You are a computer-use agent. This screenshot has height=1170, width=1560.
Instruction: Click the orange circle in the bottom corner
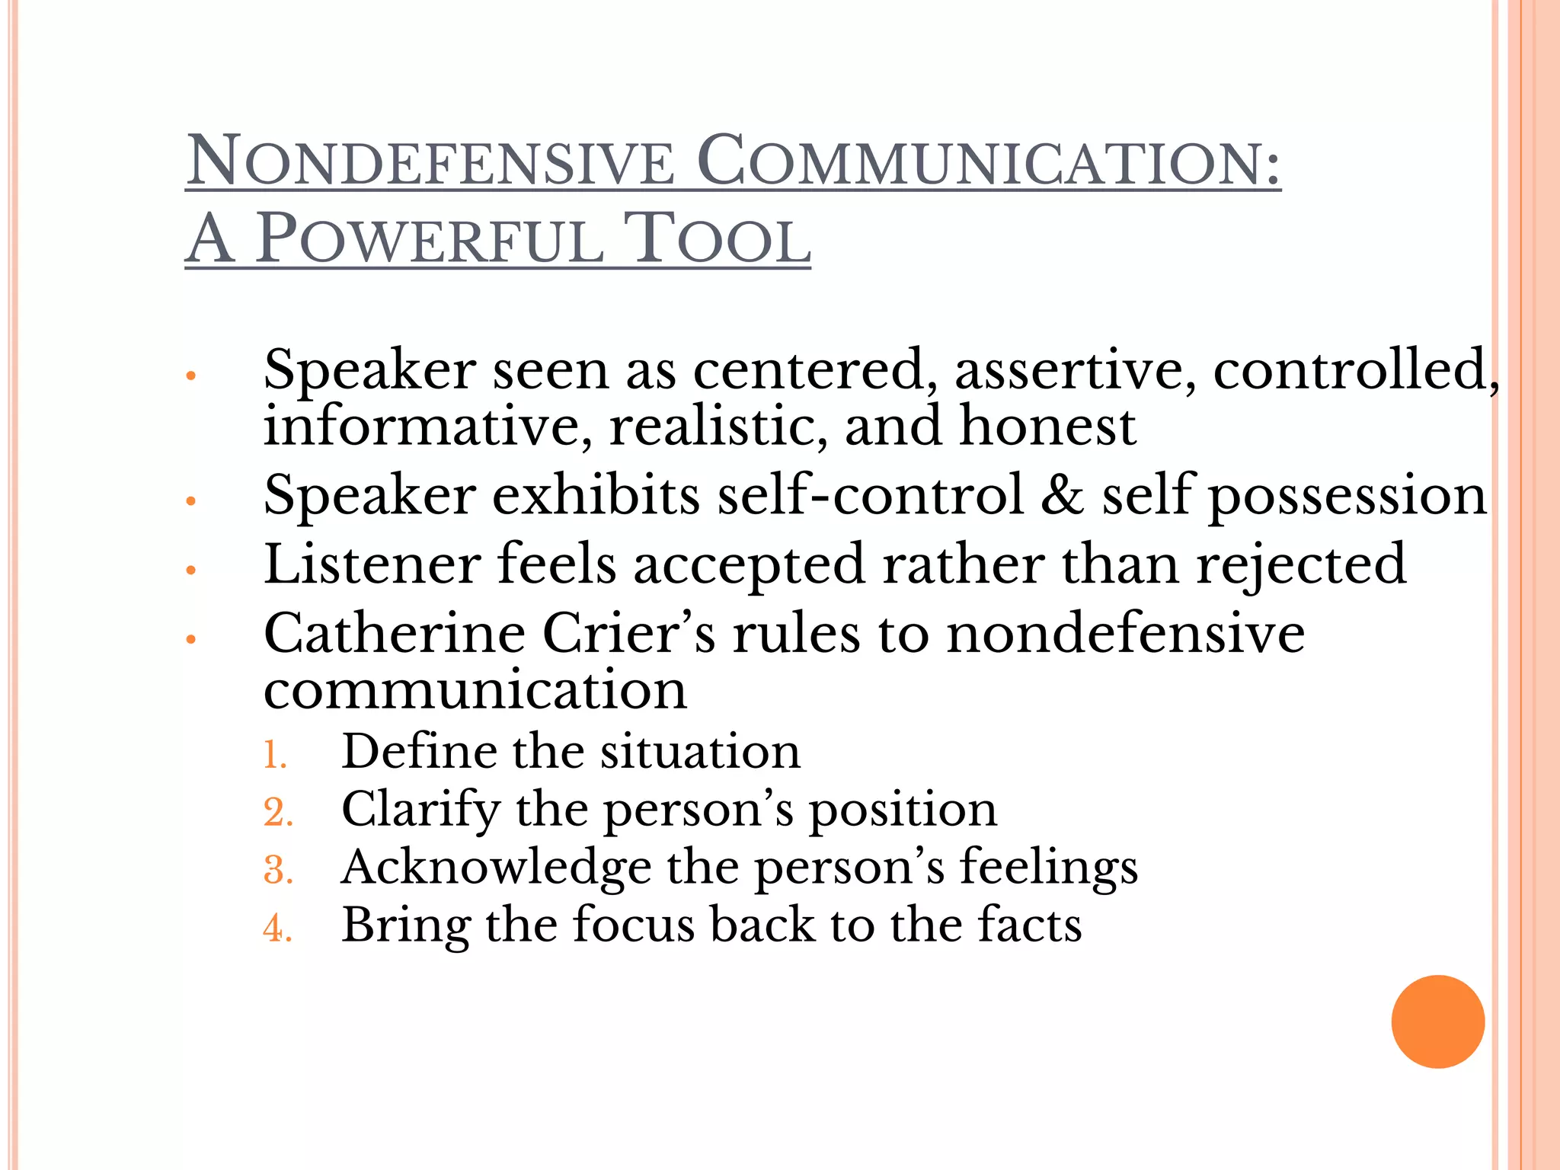1437,1021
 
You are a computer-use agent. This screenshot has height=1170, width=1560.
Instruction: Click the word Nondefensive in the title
430,161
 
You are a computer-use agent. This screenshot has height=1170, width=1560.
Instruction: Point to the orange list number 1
274,755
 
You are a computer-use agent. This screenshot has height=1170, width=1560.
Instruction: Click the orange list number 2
277,812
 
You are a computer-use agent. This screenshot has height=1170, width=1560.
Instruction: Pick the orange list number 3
277,870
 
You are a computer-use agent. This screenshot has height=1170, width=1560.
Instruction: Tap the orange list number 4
277,929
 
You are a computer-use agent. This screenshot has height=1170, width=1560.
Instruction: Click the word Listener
372,564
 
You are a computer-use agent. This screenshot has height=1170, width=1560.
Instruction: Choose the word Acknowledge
496,868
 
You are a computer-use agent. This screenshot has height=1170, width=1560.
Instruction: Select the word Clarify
420,810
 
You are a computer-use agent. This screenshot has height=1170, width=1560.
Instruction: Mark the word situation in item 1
700,752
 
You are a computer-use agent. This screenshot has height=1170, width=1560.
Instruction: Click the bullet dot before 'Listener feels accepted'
191,570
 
